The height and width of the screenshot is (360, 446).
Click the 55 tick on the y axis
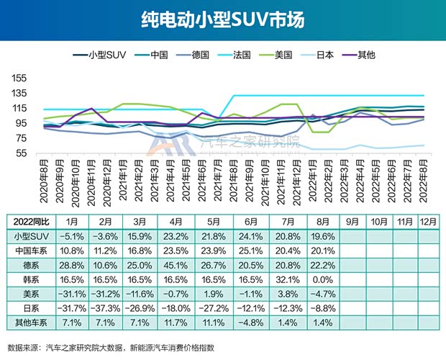[22, 153]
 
